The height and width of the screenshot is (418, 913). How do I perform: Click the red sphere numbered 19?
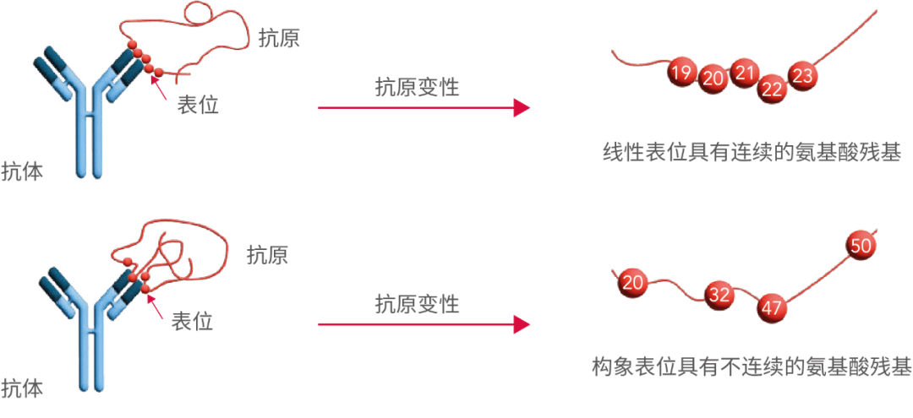click(682, 72)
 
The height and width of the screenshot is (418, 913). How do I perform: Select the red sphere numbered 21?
click(744, 73)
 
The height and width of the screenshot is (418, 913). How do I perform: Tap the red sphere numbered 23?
click(802, 75)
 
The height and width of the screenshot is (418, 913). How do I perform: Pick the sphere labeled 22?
click(771, 87)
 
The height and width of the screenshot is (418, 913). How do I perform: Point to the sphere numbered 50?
click(860, 246)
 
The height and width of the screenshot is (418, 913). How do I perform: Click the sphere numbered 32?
click(719, 295)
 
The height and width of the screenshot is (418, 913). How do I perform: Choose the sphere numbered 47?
click(772, 307)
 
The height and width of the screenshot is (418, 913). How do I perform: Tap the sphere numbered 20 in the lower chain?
click(632, 282)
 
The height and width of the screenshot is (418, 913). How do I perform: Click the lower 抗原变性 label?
click(417, 304)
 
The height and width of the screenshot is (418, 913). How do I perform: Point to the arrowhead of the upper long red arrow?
click(522, 108)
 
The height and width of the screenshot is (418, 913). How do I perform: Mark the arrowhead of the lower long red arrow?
click(522, 325)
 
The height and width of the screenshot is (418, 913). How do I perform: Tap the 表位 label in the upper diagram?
click(198, 105)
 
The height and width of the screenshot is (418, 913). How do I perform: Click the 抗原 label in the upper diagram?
click(278, 38)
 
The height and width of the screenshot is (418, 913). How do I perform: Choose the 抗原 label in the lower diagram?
click(267, 254)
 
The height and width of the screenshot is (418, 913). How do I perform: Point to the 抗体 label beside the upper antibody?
click(22, 170)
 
